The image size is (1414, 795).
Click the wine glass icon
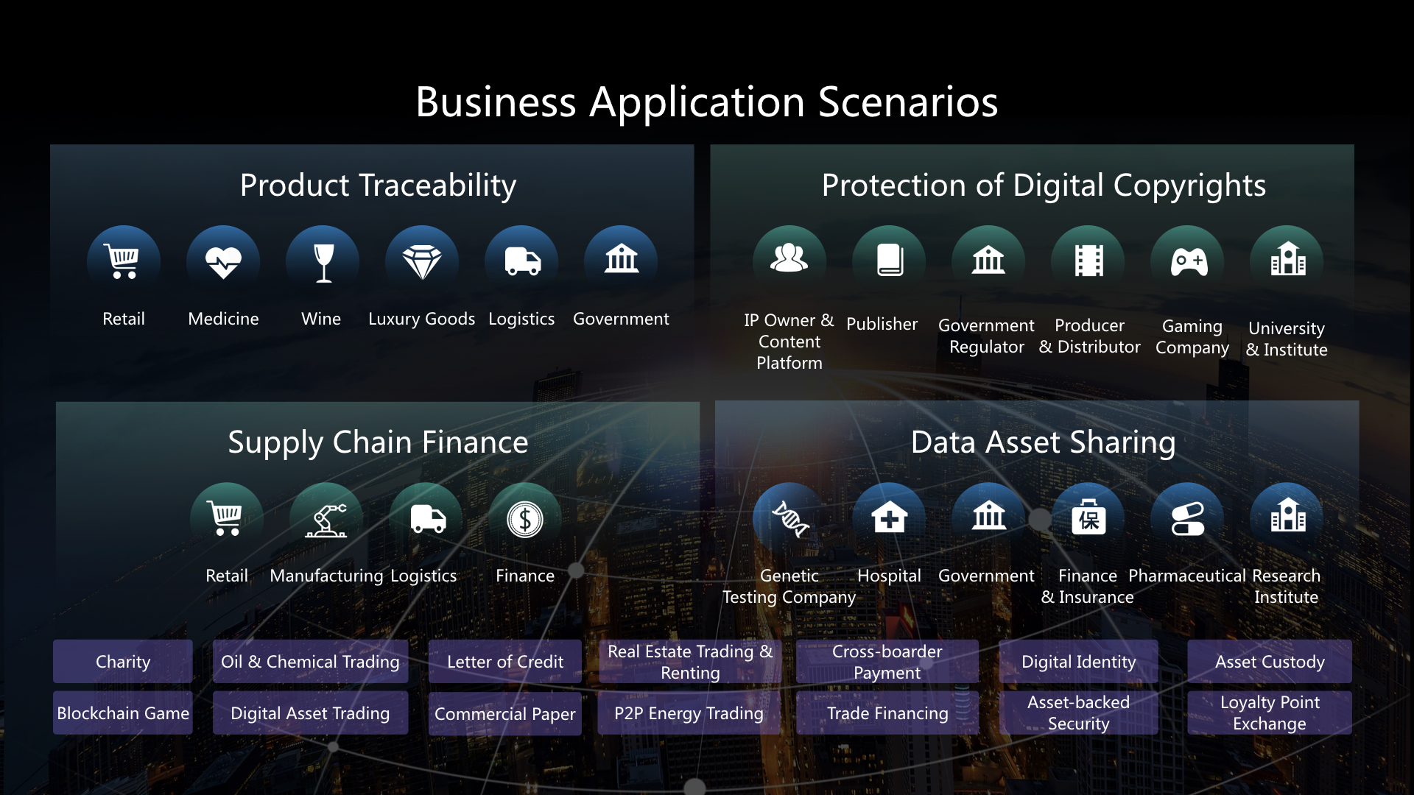(x=323, y=262)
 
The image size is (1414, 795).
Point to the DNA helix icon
(x=790, y=519)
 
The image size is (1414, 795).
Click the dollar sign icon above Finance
(x=525, y=520)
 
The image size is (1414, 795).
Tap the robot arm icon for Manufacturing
(x=326, y=520)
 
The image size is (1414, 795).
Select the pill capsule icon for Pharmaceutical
(x=1188, y=519)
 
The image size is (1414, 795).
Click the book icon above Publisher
(x=890, y=261)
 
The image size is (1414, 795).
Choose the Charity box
(x=123, y=661)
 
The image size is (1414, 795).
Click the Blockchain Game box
(x=123, y=713)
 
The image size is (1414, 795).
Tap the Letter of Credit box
(x=505, y=661)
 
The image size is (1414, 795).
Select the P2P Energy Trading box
(x=689, y=713)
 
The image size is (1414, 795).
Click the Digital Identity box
(x=1079, y=661)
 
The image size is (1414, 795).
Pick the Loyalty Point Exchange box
(x=1270, y=713)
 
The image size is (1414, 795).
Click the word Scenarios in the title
(x=908, y=102)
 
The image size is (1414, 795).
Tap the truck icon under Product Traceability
(x=522, y=261)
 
